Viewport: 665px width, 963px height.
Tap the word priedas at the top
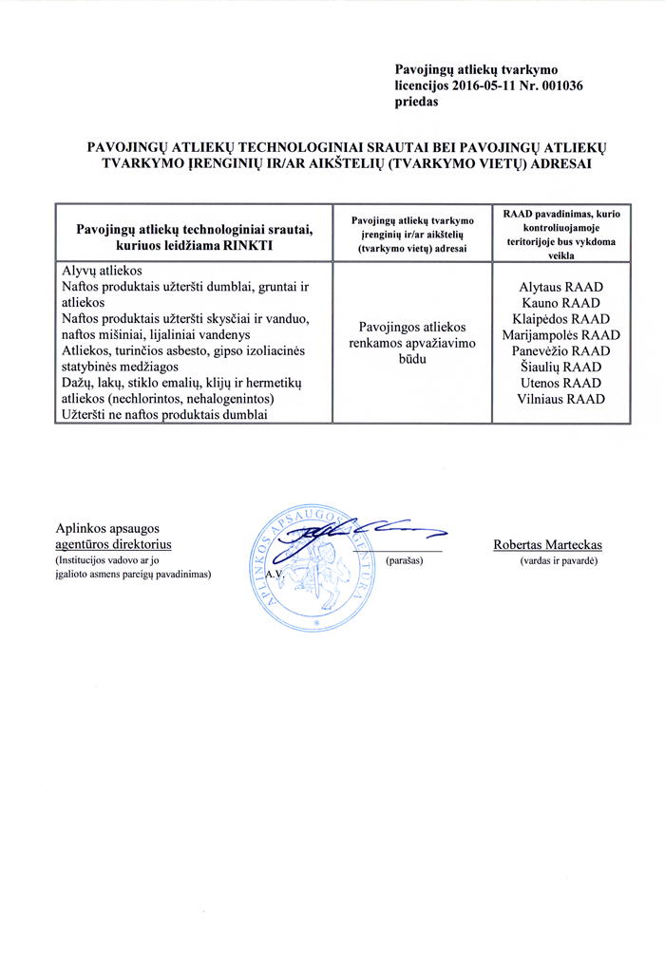tap(416, 102)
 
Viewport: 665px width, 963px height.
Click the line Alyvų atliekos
tap(103, 270)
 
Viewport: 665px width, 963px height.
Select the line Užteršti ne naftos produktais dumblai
tap(165, 415)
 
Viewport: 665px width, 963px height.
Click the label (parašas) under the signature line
tap(405, 561)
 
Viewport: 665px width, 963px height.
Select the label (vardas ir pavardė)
tap(559, 561)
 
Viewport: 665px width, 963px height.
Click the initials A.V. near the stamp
tap(275, 576)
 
